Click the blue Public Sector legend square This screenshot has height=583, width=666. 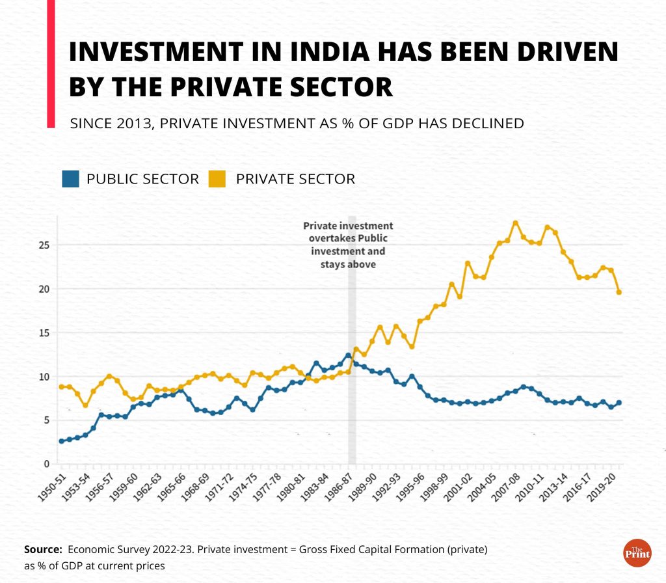pos(71,179)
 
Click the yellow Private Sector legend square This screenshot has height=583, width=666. pos(217,179)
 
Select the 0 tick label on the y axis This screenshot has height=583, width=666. pos(45,464)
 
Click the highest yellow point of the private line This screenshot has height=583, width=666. pos(515,223)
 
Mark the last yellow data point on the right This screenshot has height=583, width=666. pos(619,292)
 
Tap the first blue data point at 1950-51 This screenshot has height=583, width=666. pos(61,441)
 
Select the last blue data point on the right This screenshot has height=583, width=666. pos(619,403)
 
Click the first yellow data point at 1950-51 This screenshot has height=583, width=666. pos(61,386)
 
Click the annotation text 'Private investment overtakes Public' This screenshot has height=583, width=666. pos(348,232)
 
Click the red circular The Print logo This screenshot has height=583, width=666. pos(637,552)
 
